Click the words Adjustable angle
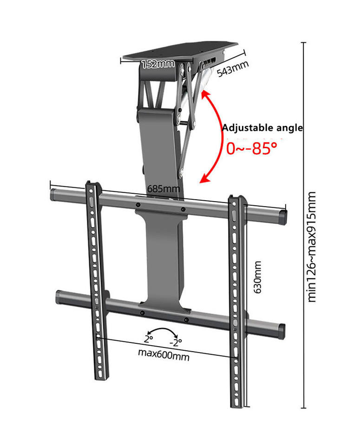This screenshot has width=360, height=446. [x=262, y=128]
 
